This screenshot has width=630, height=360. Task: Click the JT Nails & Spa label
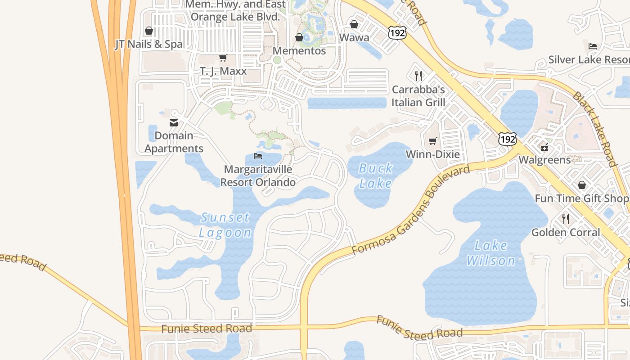point(149,44)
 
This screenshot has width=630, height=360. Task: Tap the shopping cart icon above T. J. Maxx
point(223,58)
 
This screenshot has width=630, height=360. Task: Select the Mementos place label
point(299,51)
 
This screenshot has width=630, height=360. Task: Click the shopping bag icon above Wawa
point(354,24)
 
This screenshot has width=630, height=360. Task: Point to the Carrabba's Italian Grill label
point(418,96)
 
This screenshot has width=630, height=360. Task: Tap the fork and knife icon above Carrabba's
point(418,76)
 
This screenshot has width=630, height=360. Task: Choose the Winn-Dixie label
point(433,154)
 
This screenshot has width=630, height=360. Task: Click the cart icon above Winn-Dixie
point(433,141)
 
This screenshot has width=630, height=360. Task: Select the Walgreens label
point(544,160)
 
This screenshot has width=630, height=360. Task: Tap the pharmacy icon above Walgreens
point(544,147)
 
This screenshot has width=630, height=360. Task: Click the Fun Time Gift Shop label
point(581,198)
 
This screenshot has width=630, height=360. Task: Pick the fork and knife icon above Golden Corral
point(566,219)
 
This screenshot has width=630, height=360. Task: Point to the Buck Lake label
point(376,175)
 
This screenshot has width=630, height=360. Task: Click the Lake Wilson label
point(491,253)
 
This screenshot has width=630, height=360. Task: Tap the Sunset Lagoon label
point(225,225)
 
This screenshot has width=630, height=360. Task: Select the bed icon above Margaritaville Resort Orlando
point(258,156)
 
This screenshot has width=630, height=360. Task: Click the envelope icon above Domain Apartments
point(173,123)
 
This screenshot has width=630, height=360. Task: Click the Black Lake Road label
point(594,129)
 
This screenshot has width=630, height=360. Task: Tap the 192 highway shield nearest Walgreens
point(507,139)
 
